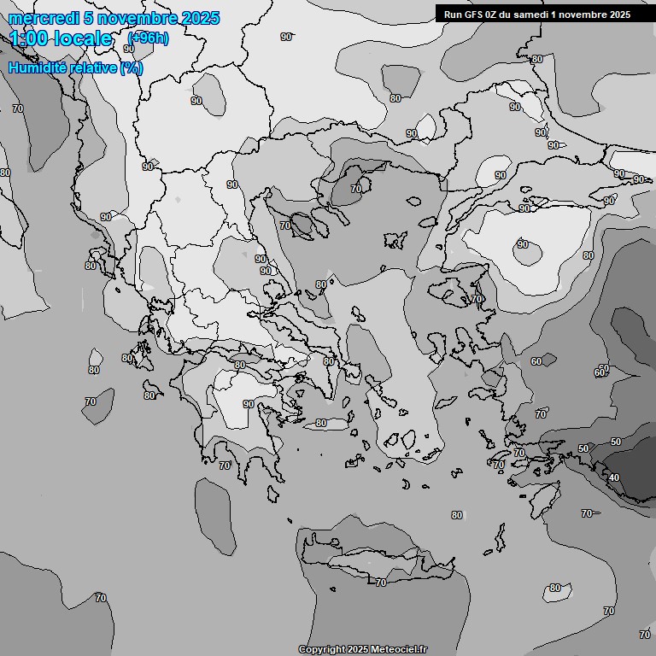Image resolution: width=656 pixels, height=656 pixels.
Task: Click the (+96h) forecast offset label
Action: pos(147,38)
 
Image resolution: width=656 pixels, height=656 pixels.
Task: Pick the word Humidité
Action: pos(37,67)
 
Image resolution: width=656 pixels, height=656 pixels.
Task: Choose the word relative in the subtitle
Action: pos(91,67)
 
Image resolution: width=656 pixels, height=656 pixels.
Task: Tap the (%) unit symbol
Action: pos(132,67)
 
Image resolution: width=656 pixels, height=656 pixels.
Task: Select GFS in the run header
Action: pos(475,15)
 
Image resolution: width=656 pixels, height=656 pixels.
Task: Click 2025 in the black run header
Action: pos(618,15)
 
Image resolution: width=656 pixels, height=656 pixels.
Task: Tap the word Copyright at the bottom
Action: pos(322,650)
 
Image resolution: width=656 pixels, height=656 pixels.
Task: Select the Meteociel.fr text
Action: pos(399,650)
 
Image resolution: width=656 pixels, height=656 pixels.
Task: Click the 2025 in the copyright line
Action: pos(360,650)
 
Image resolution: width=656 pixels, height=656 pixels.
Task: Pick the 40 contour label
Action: pos(613,477)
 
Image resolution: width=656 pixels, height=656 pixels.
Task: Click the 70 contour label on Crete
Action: pos(381,583)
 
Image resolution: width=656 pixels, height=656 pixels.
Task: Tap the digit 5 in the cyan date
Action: pos(90,18)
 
